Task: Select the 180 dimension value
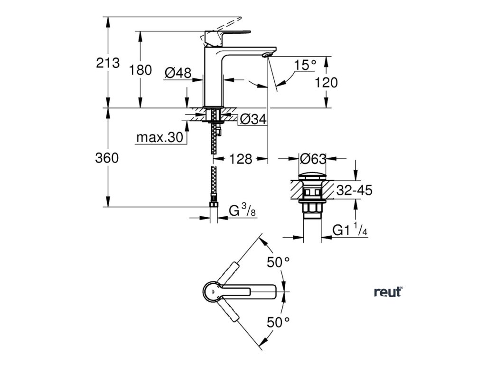140,70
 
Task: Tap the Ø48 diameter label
178,73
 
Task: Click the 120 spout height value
327,83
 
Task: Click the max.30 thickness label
159,138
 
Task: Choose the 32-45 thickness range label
354,191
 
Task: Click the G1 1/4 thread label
350,231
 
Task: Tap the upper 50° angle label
278,261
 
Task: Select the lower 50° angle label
278,322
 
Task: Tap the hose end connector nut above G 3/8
214,205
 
